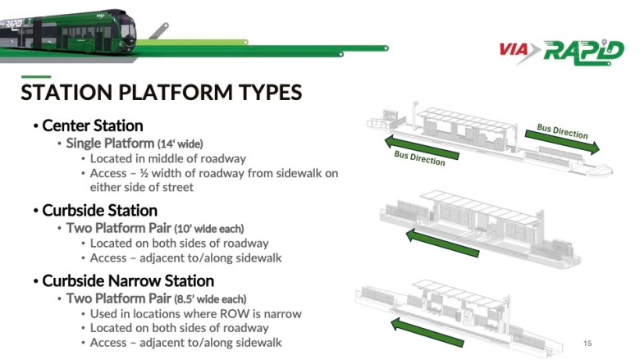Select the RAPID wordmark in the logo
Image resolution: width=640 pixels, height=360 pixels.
click(582, 49)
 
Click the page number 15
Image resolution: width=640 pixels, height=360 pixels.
click(587, 343)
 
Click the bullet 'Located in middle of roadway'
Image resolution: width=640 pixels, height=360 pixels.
click(167, 159)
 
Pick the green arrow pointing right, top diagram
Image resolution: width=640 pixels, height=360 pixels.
click(566, 142)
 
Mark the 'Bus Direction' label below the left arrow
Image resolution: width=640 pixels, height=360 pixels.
click(419, 157)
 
